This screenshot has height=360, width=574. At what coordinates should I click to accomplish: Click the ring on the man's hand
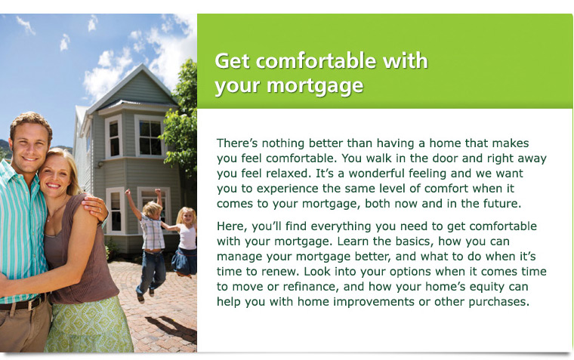click(100, 210)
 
